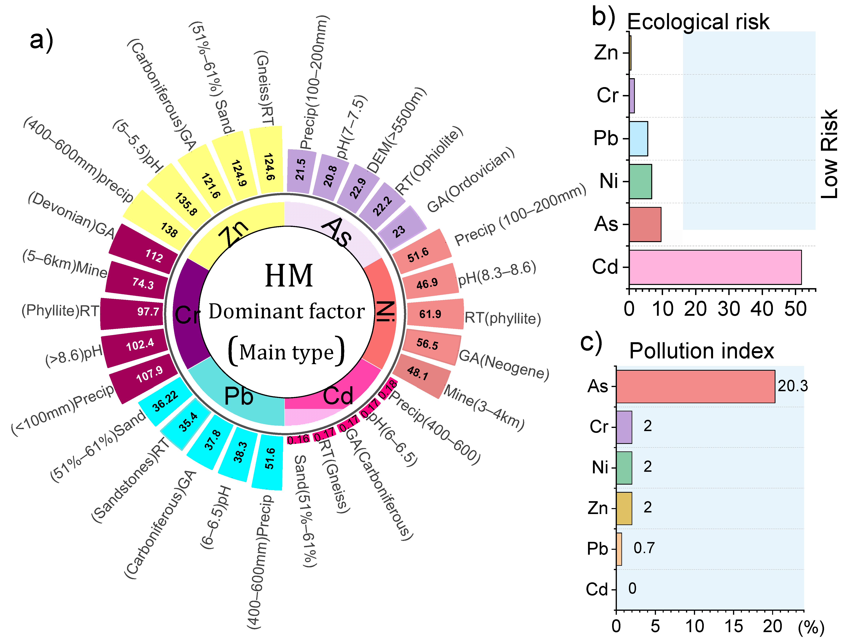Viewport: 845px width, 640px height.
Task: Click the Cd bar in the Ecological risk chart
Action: point(715,267)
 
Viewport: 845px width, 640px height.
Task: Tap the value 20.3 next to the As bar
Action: point(793,386)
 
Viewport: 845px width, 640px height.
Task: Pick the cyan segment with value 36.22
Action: point(165,401)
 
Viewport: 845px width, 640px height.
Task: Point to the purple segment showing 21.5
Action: point(301,170)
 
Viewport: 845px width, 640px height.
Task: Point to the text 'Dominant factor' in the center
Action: point(286,311)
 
